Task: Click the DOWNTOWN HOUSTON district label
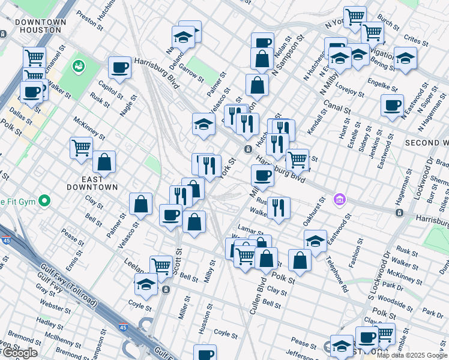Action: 41,26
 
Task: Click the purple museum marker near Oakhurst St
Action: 340,199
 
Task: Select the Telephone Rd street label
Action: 337,275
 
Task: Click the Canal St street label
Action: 336,108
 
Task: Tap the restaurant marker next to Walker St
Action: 279,206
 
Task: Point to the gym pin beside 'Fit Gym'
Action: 44,200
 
